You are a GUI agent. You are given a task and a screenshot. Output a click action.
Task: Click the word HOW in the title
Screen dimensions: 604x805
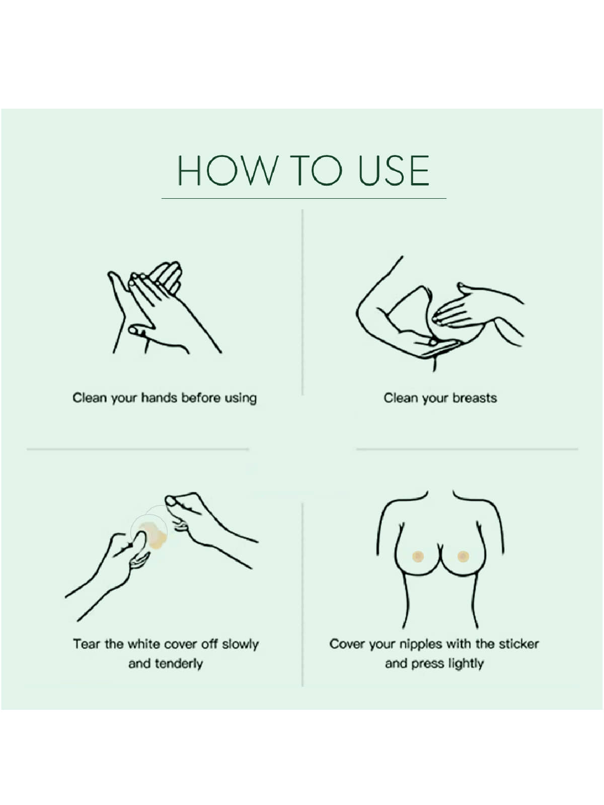(x=228, y=170)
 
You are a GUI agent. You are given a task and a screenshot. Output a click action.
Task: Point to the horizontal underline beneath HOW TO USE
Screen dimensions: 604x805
(x=304, y=198)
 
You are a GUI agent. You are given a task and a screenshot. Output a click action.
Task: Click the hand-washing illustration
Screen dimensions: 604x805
(x=165, y=307)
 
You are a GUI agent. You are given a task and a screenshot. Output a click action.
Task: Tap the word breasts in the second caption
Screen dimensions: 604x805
(x=475, y=397)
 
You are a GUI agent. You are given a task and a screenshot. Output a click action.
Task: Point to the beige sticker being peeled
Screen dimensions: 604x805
(x=154, y=536)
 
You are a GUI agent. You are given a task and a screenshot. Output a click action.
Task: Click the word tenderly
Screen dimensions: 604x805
(x=179, y=664)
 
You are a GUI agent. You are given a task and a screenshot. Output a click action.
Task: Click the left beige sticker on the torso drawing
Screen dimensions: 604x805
(x=418, y=556)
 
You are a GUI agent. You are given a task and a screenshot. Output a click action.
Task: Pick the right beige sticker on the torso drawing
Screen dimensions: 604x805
(x=463, y=556)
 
